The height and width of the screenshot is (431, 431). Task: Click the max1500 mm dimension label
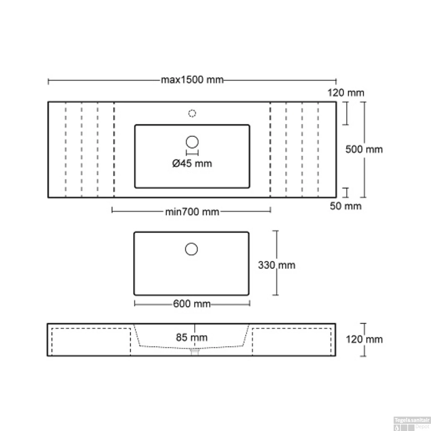click(x=192, y=80)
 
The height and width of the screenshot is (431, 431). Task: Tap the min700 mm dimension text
click(x=192, y=212)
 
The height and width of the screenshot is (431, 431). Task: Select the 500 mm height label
click(x=364, y=149)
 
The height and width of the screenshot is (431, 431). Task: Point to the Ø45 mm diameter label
click(x=192, y=163)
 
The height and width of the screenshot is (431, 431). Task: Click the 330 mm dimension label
click(x=276, y=265)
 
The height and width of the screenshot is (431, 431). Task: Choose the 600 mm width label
click(x=192, y=304)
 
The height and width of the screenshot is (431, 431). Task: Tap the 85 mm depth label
click(x=192, y=337)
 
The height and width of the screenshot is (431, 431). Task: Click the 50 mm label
click(x=345, y=206)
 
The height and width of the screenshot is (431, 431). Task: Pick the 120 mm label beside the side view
click(x=364, y=339)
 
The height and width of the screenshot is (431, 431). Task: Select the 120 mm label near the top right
click(x=346, y=93)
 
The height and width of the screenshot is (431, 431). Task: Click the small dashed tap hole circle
click(x=192, y=113)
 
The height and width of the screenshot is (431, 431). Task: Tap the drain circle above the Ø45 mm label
click(x=192, y=142)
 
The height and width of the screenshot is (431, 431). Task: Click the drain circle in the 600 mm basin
click(x=191, y=249)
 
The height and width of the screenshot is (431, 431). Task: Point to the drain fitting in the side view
click(x=195, y=352)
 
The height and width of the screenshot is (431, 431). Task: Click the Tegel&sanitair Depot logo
click(x=412, y=423)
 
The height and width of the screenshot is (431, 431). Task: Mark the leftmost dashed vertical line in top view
click(x=66, y=149)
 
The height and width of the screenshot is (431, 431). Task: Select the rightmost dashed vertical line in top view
click(x=318, y=149)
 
